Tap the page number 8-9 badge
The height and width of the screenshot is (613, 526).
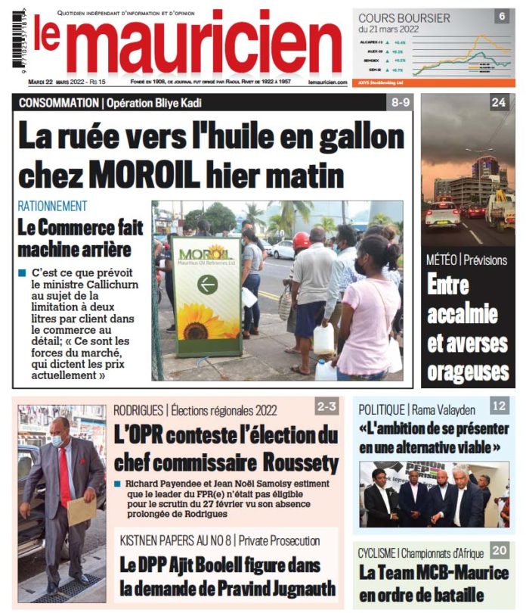pyautogui.click(x=398, y=101)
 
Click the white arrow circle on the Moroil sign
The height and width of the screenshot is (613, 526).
pyautogui.click(x=207, y=285)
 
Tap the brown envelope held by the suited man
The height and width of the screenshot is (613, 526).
pyautogui.click(x=82, y=512)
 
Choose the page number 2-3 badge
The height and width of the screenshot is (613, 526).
pyautogui.click(x=326, y=407)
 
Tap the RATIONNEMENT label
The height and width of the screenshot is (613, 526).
pyautogui.click(x=52, y=206)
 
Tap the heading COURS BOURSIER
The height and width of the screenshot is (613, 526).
pyautogui.click(x=404, y=18)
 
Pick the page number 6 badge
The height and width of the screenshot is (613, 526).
pyautogui.click(x=501, y=16)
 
